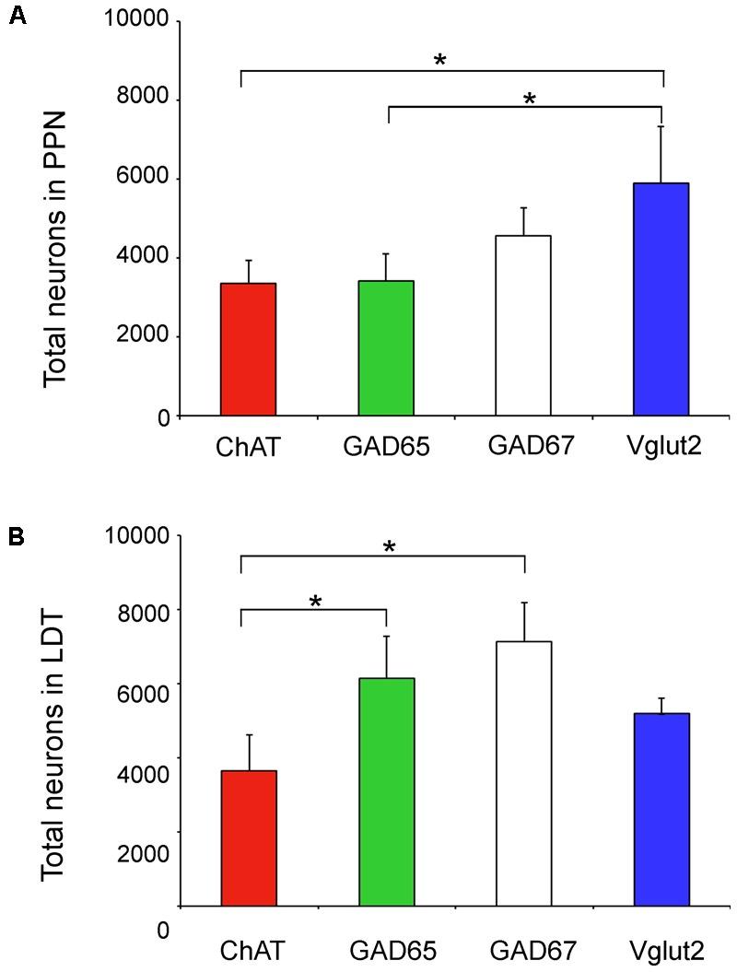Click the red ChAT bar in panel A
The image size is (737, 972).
(248, 349)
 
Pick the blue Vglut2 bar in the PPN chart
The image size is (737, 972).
(661, 299)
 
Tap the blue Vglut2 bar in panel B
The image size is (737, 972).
(661, 809)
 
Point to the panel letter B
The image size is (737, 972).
(16, 537)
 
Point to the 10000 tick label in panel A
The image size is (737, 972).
(136, 20)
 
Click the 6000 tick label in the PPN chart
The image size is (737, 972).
(142, 179)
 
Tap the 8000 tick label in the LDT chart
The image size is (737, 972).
(142, 610)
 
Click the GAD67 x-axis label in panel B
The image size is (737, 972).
(523, 948)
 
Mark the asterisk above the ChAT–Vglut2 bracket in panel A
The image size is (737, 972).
(440, 62)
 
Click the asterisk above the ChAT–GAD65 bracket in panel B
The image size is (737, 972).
(315, 603)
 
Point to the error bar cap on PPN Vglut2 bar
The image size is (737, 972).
(661, 126)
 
